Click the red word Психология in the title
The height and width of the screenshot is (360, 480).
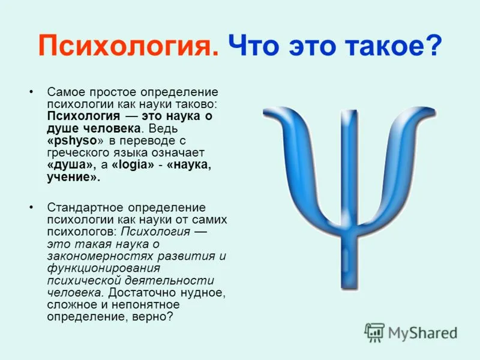pyautogui.click(x=128, y=46)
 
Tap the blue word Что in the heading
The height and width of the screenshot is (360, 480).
pyautogui.click(x=254, y=46)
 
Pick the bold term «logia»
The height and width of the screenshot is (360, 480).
pyautogui.click(x=133, y=164)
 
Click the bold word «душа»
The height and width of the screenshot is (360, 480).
pyautogui.click(x=70, y=166)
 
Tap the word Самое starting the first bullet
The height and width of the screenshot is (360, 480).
pyautogui.click(x=65, y=92)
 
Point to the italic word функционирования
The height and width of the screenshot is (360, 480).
pyautogui.click(x=104, y=268)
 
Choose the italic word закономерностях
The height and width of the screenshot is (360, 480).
pyautogui.click(x=100, y=256)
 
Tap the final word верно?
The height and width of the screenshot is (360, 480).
pyautogui.click(x=153, y=317)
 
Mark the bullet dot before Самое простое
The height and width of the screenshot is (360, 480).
pyautogui.click(x=31, y=92)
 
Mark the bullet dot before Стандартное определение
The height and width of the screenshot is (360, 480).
pyautogui.click(x=31, y=207)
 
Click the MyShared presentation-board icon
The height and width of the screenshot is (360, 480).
pyautogui.click(x=374, y=332)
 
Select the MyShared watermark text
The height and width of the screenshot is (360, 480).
pyautogui.click(x=422, y=333)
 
